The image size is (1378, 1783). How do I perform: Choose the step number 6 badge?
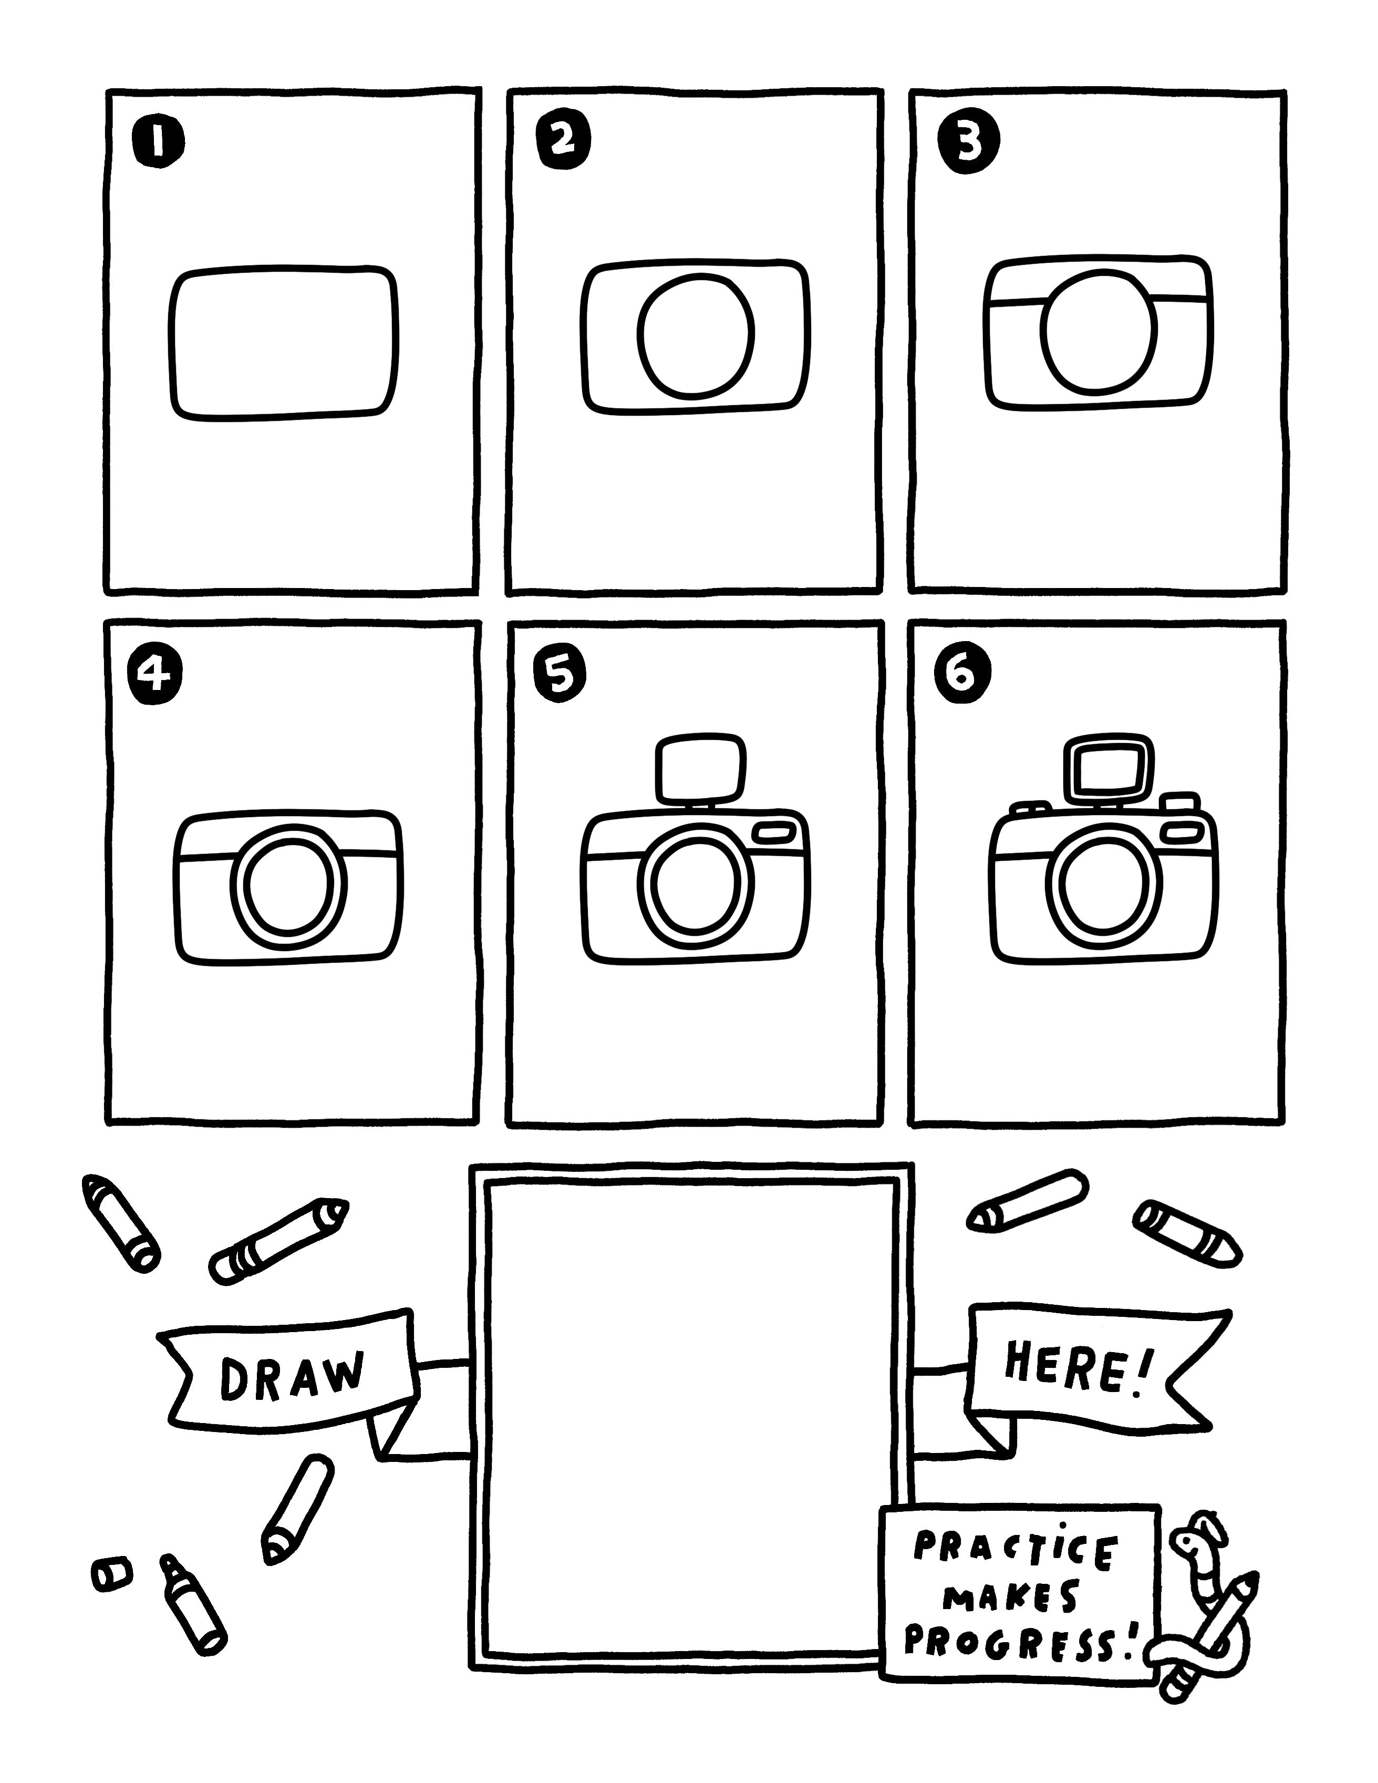tap(963, 674)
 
